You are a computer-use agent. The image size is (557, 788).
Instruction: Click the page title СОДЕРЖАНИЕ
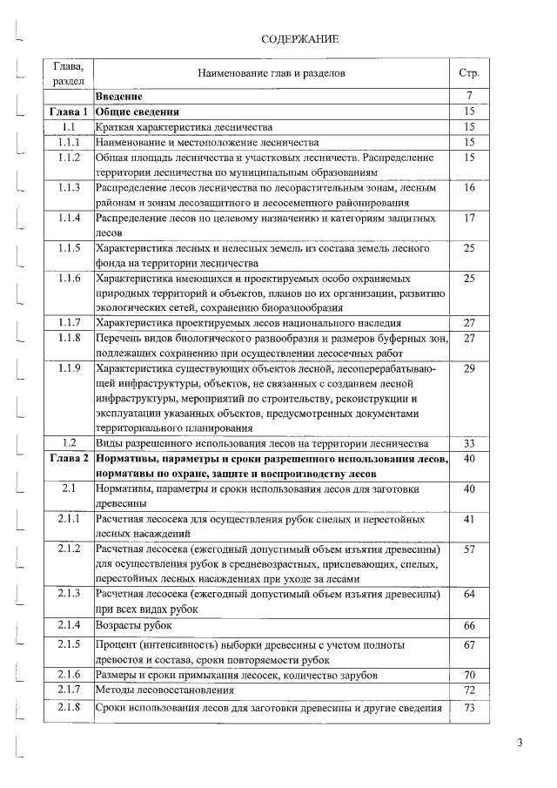tap(299, 39)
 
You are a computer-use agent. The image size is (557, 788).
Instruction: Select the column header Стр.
tap(468, 73)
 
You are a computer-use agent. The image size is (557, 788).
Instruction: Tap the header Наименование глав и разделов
tap(272, 73)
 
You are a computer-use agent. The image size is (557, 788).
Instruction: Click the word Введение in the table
tap(119, 97)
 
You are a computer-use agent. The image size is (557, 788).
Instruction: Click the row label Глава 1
tap(69, 111)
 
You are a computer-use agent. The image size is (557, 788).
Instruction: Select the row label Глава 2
tap(69, 458)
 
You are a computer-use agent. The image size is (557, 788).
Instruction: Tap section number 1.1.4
tap(69, 218)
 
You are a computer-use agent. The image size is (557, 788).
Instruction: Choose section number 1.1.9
tap(69, 370)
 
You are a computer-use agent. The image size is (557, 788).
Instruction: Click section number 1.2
tap(69, 443)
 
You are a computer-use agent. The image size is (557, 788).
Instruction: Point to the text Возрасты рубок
tap(134, 626)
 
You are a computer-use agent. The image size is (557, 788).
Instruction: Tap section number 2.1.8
tap(69, 707)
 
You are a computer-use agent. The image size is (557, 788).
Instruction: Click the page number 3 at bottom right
tap(519, 742)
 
